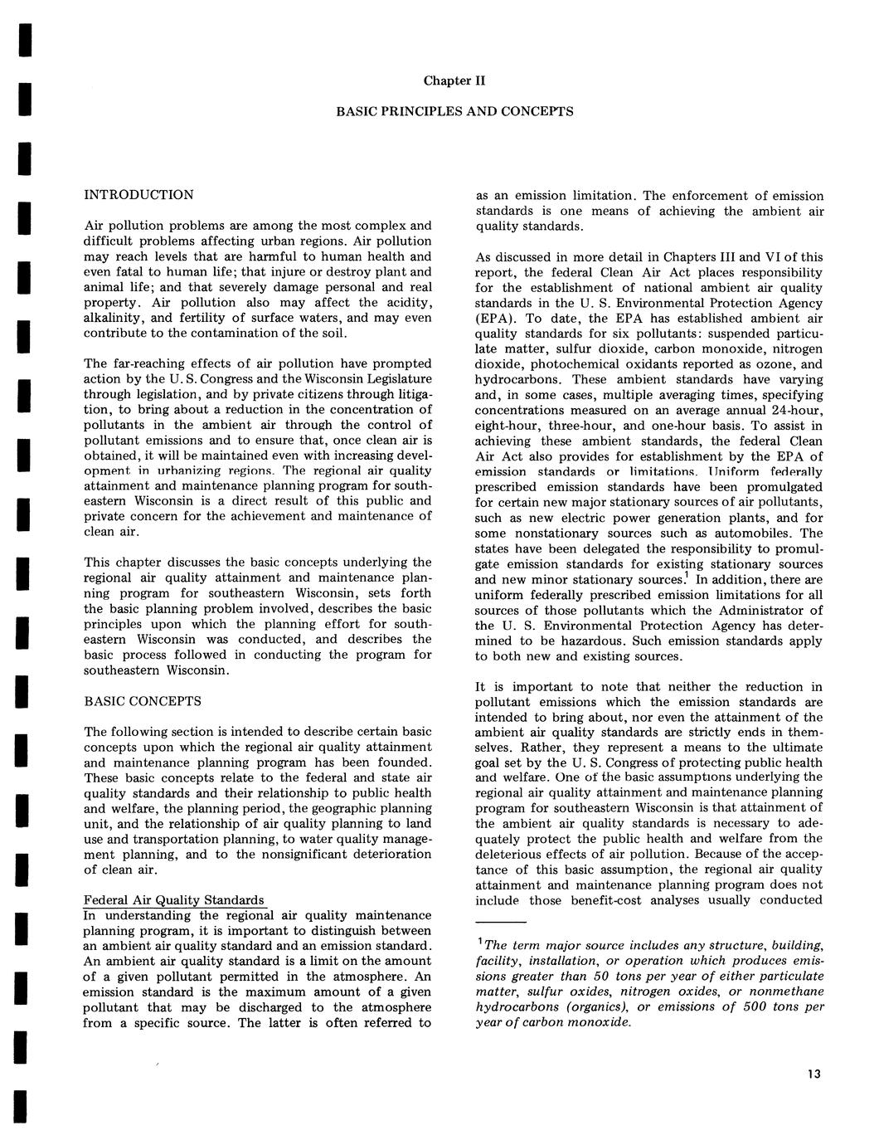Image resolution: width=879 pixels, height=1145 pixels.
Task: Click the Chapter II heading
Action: coord(454,80)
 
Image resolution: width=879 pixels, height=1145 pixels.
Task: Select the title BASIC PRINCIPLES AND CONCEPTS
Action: coord(454,110)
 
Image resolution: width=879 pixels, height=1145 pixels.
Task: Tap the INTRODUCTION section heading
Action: coord(139,195)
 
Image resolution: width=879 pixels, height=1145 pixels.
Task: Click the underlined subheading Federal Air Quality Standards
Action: coord(174,900)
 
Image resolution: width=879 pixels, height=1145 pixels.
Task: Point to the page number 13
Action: coord(813,1074)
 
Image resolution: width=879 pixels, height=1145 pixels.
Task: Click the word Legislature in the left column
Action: coord(395,378)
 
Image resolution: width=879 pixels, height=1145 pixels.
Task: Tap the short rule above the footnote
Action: coord(501,922)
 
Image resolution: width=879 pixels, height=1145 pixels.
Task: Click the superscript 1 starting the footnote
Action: coord(480,943)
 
